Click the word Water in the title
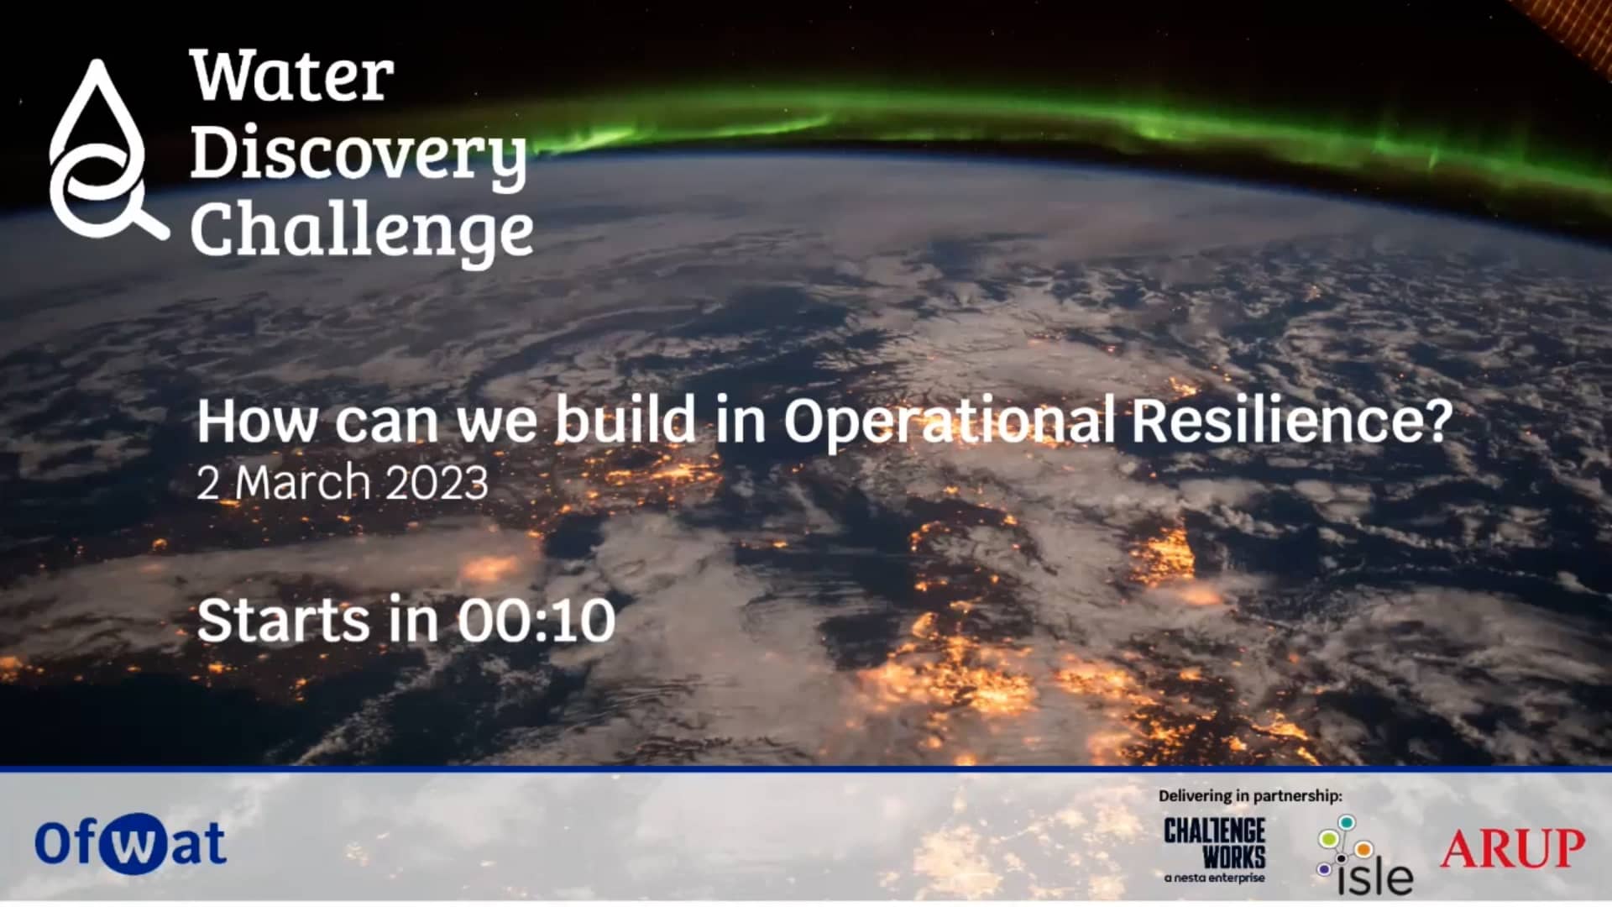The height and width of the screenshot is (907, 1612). tap(291, 76)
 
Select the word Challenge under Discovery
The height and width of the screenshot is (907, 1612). tap(362, 230)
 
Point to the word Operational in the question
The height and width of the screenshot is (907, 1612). tap(950, 420)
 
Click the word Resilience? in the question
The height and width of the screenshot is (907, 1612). tap(1291, 420)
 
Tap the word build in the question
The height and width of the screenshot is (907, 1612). tap(625, 420)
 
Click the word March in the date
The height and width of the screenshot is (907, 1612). tap(302, 484)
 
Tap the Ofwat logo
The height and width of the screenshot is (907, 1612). tap(130, 843)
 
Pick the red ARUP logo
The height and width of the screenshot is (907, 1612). tap(1513, 848)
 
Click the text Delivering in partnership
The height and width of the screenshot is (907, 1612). tap(1250, 795)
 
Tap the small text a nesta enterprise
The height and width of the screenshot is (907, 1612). tap(1214, 878)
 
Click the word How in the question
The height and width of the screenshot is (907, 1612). tap(257, 420)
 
